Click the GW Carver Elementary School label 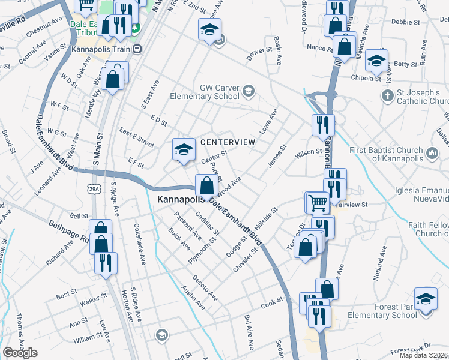click(204, 91)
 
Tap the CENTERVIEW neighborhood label click(228, 142)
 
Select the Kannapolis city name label click(175, 198)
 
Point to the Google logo click(20, 353)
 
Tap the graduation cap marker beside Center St click(184, 149)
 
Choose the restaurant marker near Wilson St click(323, 125)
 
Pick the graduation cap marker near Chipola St click(376, 60)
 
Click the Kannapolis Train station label click(101, 49)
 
